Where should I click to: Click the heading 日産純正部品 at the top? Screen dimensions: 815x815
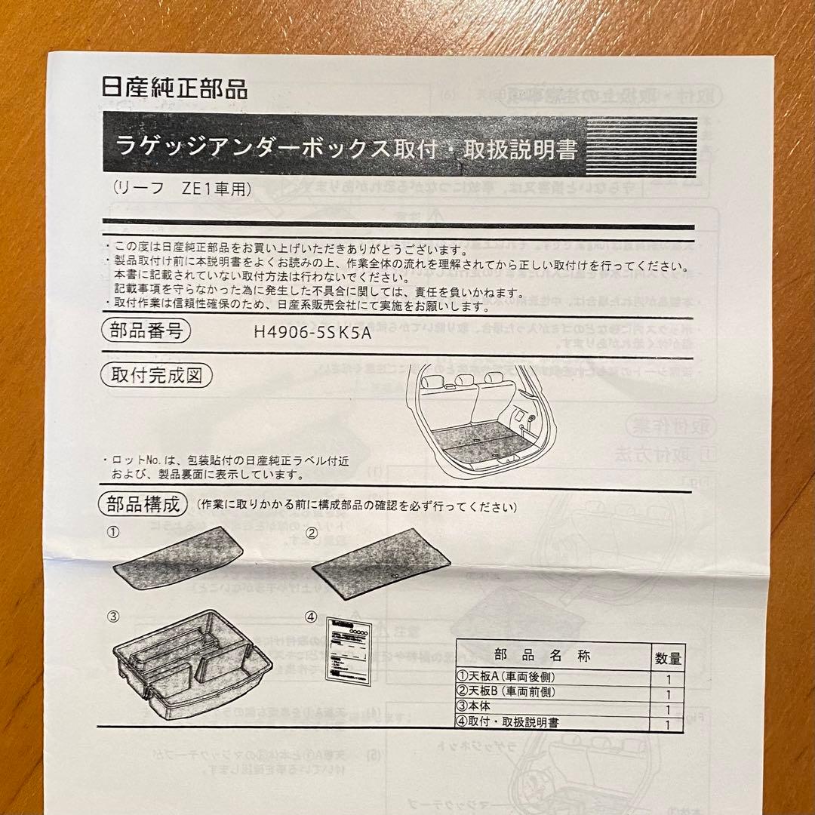click(x=174, y=88)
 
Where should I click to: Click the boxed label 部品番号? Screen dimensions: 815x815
click(x=145, y=331)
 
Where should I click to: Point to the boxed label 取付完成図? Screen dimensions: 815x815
click(x=156, y=375)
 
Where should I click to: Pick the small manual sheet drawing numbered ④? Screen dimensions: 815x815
click(x=349, y=656)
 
